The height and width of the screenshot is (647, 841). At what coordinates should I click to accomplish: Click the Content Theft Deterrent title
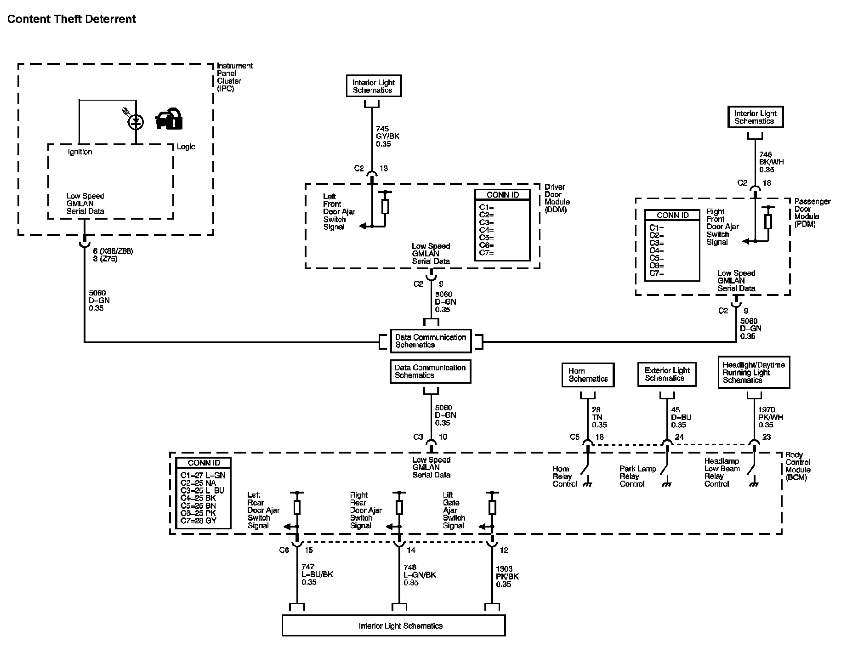point(72,19)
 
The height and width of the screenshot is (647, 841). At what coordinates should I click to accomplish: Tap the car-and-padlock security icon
point(169,119)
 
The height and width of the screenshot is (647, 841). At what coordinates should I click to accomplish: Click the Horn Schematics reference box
point(588,375)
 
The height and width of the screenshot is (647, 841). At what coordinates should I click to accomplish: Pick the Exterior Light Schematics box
point(667,375)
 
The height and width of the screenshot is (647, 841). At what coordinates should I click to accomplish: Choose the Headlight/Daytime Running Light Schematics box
point(754,372)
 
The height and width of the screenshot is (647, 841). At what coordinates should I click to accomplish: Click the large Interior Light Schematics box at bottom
point(394,625)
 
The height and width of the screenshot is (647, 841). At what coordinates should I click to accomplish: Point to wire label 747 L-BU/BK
point(317,574)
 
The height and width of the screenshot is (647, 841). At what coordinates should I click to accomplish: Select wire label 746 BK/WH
point(772,162)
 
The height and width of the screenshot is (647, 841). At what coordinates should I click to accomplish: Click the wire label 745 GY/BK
point(387,136)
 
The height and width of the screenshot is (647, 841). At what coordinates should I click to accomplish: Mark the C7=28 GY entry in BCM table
point(199,521)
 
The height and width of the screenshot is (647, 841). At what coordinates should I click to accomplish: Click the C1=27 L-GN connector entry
point(203,475)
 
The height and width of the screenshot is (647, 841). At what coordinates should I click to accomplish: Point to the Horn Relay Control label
point(564,477)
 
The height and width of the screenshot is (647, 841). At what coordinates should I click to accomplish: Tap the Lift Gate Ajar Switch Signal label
point(454,510)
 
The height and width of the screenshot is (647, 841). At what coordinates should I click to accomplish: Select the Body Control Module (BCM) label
point(798,466)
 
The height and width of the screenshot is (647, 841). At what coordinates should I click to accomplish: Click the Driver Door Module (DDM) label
point(557,198)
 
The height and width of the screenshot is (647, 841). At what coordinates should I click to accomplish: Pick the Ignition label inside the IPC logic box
point(80,152)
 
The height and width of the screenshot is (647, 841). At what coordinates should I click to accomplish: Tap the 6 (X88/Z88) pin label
point(113,251)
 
